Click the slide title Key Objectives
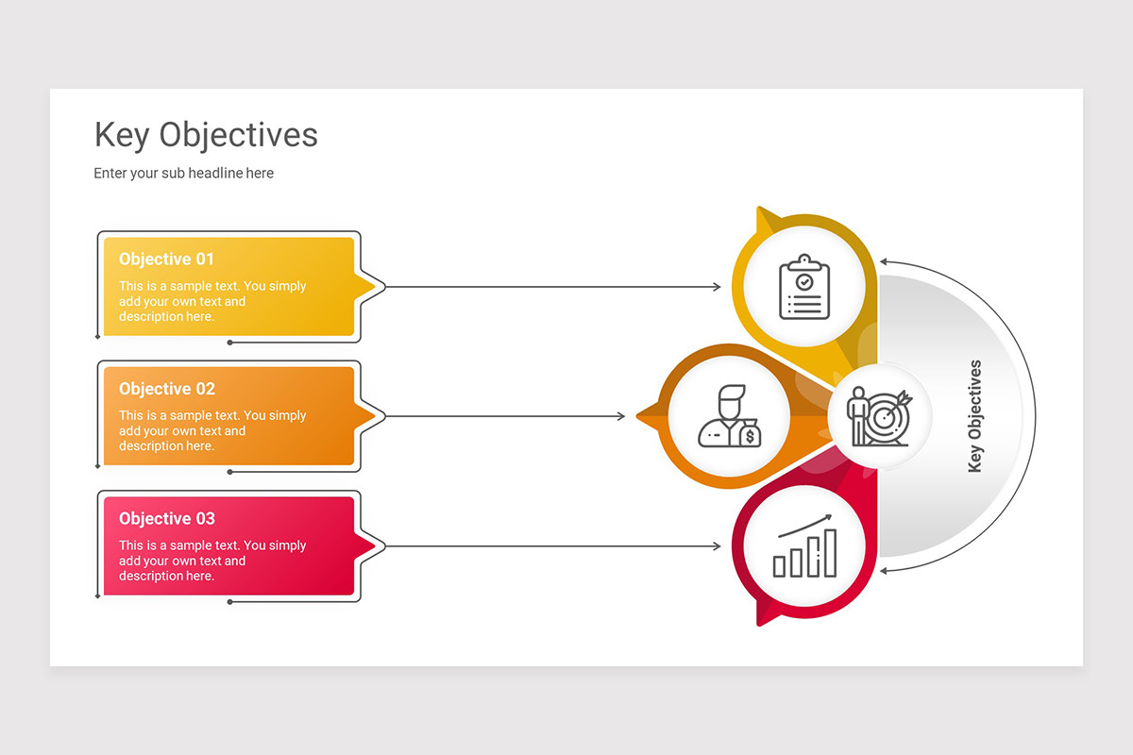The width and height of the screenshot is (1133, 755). [206, 135]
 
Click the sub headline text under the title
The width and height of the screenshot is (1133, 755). [183, 174]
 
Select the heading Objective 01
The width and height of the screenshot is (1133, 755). [166, 260]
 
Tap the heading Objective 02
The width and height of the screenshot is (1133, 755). [167, 389]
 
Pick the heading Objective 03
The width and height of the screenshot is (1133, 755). [167, 519]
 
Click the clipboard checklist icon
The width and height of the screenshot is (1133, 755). [803, 287]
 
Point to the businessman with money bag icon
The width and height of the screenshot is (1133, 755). [728, 416]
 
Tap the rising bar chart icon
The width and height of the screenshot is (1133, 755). [804, 546]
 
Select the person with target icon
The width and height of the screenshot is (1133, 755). [879, 416]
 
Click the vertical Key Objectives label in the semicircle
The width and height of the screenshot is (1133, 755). [975, 416]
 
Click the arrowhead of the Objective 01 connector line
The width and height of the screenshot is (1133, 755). [717, 287]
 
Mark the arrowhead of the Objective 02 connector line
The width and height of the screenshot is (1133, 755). [620, 416]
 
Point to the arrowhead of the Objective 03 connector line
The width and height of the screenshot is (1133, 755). [717, 546]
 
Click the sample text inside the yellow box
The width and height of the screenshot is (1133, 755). [212, 302]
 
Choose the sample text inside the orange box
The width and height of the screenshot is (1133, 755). [212, 431]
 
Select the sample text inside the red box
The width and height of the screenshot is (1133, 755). [212, 561]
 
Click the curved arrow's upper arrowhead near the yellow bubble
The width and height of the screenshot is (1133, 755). [885, 261]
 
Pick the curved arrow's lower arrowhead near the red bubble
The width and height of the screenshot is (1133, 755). [885, 571]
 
